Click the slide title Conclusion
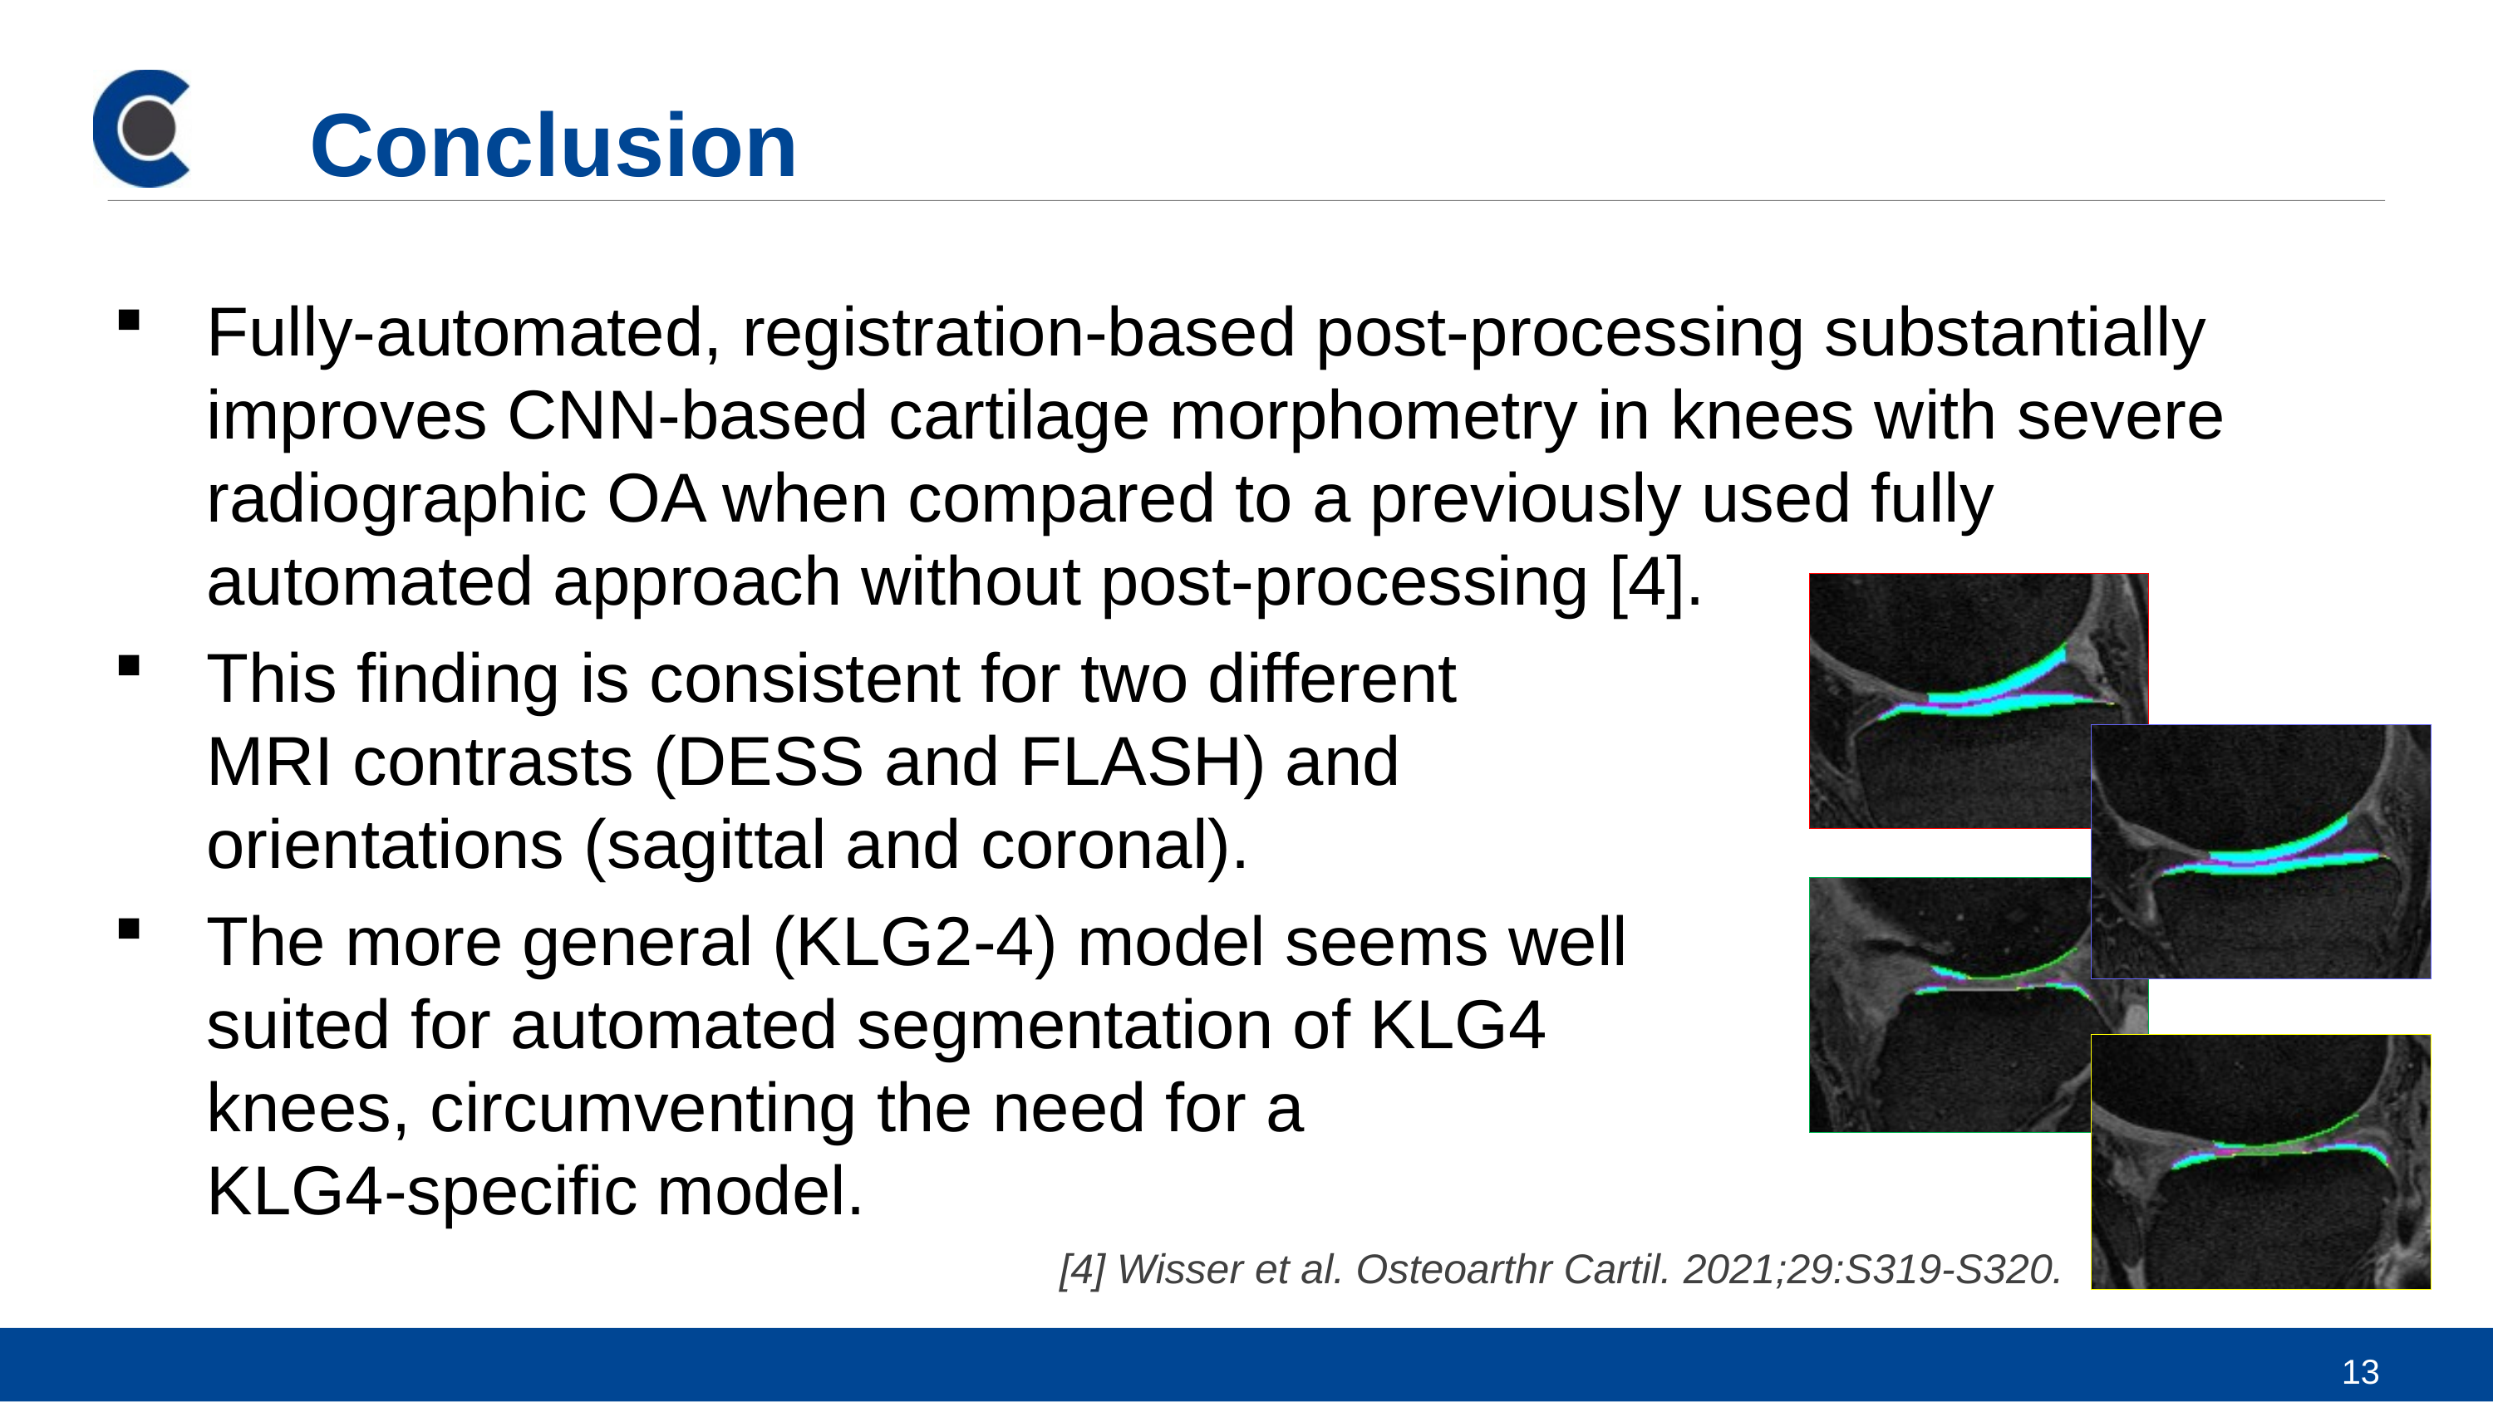[553, 145]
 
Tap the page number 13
[2360, 1371]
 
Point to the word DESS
[770, 762]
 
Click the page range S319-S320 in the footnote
[1952, 1269]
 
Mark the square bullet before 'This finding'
[129, 665]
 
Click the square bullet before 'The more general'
[129, 929]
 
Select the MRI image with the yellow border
[2260, 1162]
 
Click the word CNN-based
[687, 416]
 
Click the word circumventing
[642, 1109]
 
